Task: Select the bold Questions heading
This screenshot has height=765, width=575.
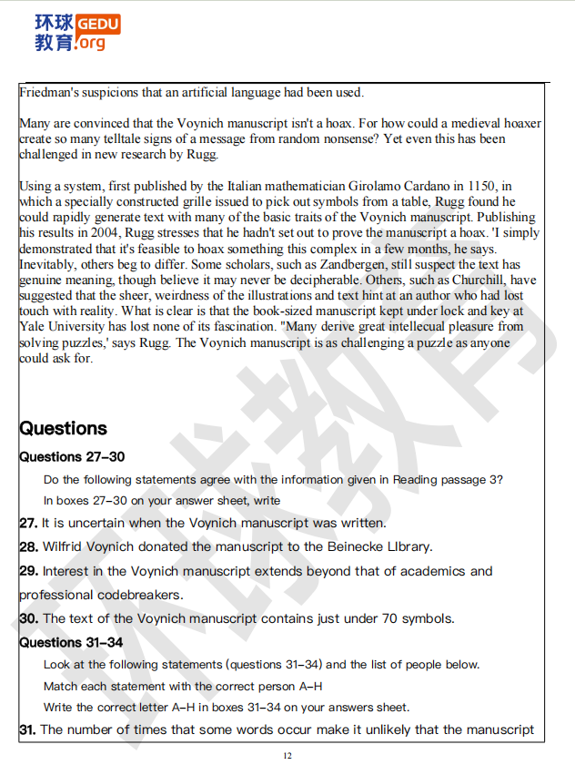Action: click(63, 428)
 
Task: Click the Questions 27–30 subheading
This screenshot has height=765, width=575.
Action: click(72, 456)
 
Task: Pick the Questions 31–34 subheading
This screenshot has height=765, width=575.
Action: click(72, 642)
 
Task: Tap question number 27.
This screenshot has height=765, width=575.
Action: click(27, 524)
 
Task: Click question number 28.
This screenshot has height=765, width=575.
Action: click(28, 547)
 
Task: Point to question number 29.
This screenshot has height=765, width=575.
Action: click(28, 571)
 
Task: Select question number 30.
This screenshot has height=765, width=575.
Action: click(28, 618)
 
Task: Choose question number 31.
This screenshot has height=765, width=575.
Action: click(27, 729)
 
